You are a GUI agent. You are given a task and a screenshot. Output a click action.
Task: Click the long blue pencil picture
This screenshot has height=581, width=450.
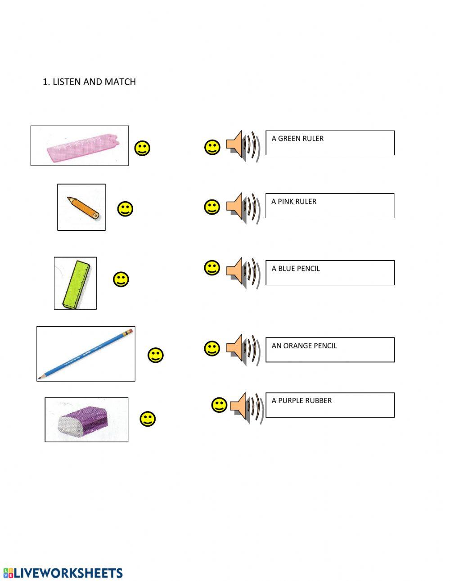click(x=85, y=354)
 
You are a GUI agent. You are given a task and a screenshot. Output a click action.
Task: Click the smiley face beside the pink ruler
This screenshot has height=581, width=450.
click(x=143, y=148)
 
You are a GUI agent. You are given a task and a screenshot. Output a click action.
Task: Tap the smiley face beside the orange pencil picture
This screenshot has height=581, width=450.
click(x=125, y=209)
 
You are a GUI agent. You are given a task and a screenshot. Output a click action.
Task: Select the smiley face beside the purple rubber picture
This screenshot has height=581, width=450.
click(x=148, y=419)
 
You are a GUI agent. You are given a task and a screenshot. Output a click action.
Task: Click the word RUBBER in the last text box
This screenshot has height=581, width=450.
click(x=318, y=401)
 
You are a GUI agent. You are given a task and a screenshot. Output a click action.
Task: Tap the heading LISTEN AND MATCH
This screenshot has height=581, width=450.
click(x=94, y=82)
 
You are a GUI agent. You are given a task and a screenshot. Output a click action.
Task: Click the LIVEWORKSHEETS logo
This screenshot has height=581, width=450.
click(x=63, y=573)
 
